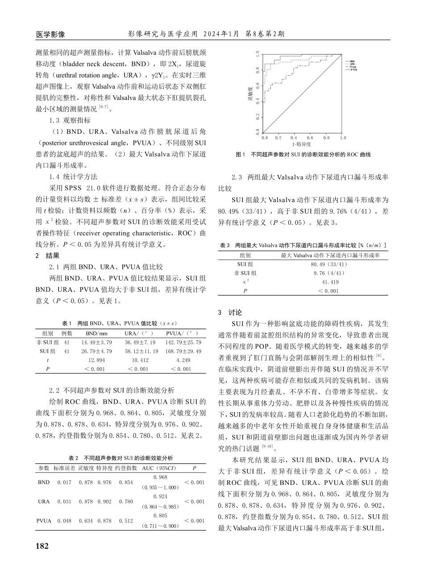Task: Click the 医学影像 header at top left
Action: point(50,34)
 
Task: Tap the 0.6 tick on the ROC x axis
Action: point(310,138)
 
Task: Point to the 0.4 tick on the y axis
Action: point(258,102)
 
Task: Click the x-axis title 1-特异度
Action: point(302,145)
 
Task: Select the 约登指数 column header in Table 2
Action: point(126,468)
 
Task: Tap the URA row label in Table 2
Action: point(44,501)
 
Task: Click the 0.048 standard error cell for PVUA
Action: point(65,521)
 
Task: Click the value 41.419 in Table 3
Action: point(330,282)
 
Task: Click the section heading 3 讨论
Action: point(230,312)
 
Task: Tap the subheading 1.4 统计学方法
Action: point(73,176)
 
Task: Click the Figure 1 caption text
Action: point(303,154)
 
